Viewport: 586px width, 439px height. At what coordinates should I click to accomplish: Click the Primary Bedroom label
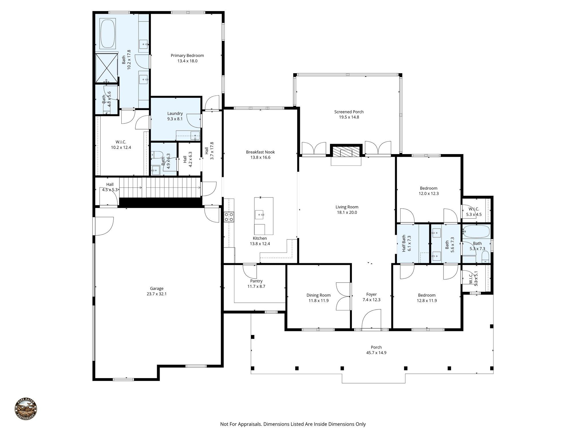pos(187,55)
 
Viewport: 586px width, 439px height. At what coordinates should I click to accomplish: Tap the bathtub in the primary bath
pos(108,34)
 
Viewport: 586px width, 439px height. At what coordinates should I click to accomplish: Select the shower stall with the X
pos(106,68)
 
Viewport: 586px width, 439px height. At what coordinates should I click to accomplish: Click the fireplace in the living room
pos(346,152)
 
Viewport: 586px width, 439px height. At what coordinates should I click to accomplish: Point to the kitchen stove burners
pos(229,217)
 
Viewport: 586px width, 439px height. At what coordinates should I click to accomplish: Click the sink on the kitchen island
pos(260,214)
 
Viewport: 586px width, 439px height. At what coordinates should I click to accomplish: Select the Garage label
pos(157,288)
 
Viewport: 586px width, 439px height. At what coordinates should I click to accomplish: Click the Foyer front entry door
pos(371,320)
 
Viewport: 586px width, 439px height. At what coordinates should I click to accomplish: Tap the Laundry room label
pos(175,113)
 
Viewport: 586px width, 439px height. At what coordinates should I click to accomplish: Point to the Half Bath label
pos(404,243)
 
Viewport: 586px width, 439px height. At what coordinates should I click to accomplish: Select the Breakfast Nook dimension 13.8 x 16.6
pos(260,157)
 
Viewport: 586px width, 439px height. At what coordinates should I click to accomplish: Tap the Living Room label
pos(347,207)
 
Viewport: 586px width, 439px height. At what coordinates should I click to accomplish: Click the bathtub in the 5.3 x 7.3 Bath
pos(476,231)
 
